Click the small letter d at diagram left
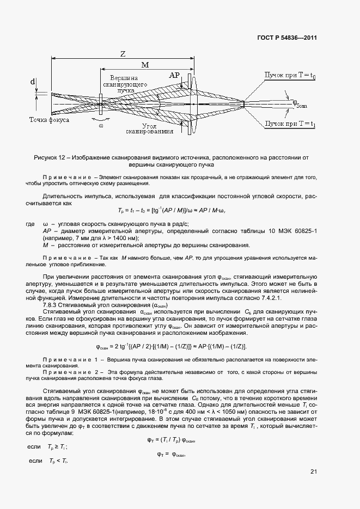click(33, 82)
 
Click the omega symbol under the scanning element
click(101, 126)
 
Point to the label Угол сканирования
click(150, 128)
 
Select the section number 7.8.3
click(51, 306)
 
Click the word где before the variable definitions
click(30, 224)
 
